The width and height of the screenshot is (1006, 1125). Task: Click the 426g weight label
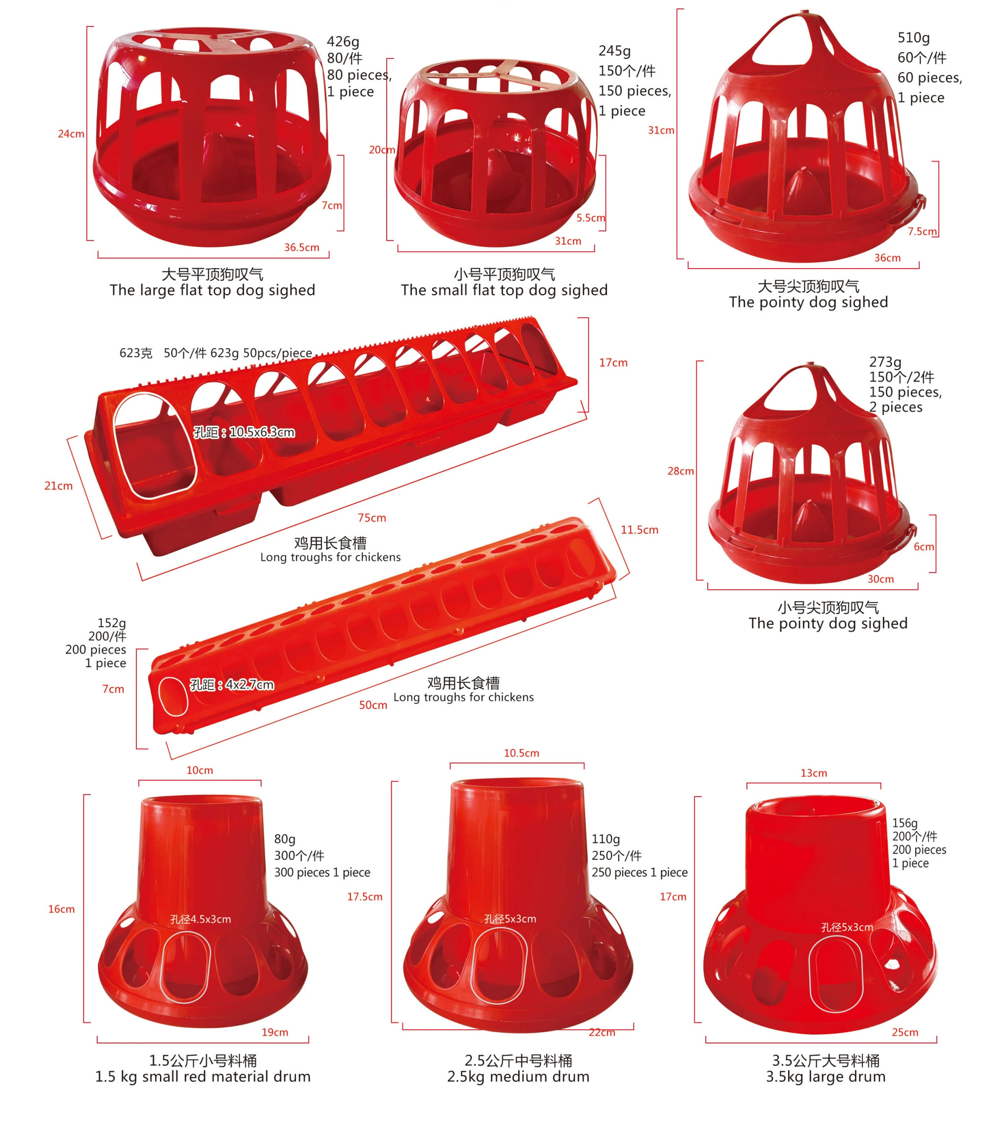click(343, 41)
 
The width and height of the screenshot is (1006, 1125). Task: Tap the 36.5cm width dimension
click(301, 247)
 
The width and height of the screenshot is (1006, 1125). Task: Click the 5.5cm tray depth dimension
click(590, 218)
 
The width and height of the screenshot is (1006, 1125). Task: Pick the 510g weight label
click(913, 38)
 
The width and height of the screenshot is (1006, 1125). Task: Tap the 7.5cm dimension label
click(922, 231)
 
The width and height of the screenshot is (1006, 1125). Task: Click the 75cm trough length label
click(371, 518)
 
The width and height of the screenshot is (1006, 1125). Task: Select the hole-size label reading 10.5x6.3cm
click(244, 432)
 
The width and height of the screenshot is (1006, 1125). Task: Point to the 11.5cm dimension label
click(639, 529)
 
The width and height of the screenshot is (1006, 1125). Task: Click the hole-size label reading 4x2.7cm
click(232, 684)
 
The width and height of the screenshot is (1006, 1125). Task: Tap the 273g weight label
click(885, 362)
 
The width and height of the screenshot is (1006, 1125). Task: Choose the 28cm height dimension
click(681, 471)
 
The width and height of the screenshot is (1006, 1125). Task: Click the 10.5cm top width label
click(521, 753)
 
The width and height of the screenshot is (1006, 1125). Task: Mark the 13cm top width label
click(814, 773)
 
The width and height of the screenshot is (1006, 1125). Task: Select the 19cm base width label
click(275, 1032)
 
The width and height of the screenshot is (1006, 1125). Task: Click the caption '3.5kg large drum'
click(825, 1076)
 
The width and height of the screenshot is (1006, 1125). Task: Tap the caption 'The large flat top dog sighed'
click(212, 290)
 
